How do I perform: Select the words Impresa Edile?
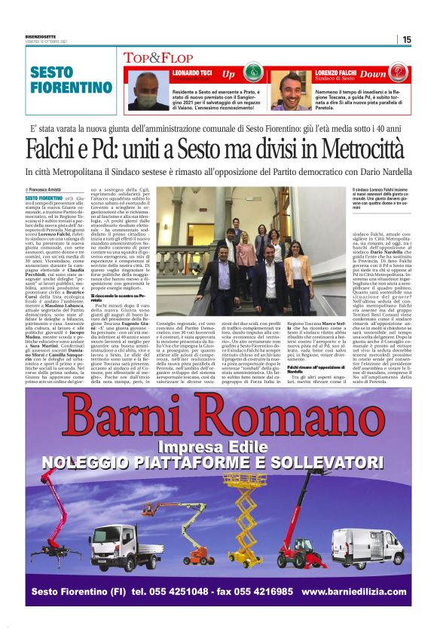(x=222, y=446)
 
